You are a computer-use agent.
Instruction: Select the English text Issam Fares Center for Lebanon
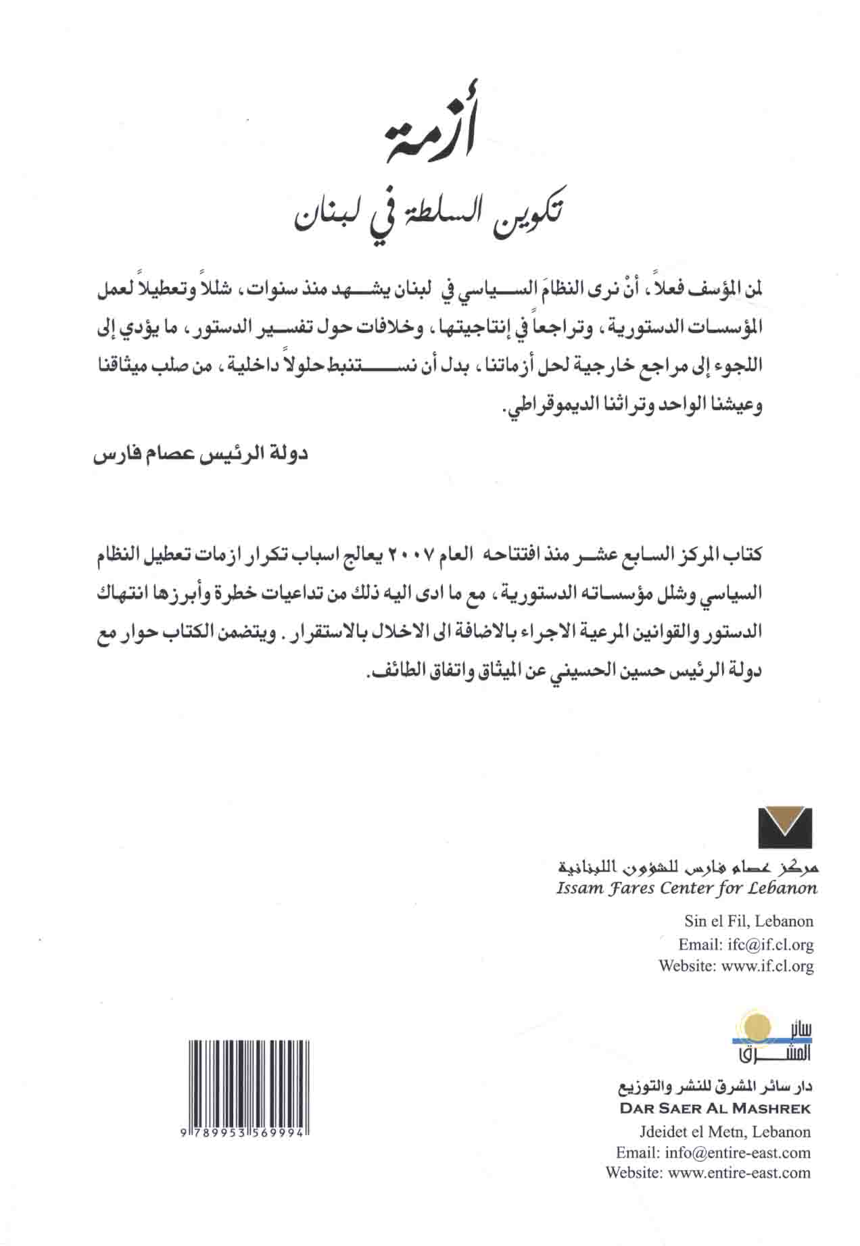pyautogui.click(x=686, y=888)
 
